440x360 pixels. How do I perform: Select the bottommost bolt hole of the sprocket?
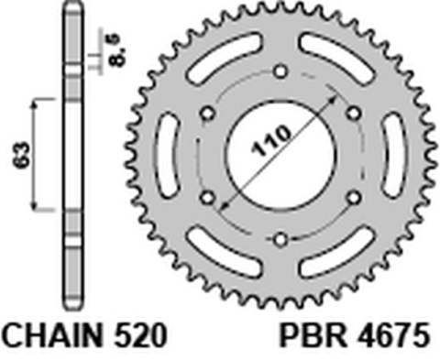tap(280, 240)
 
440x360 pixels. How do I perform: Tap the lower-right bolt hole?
tap(353, 197)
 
